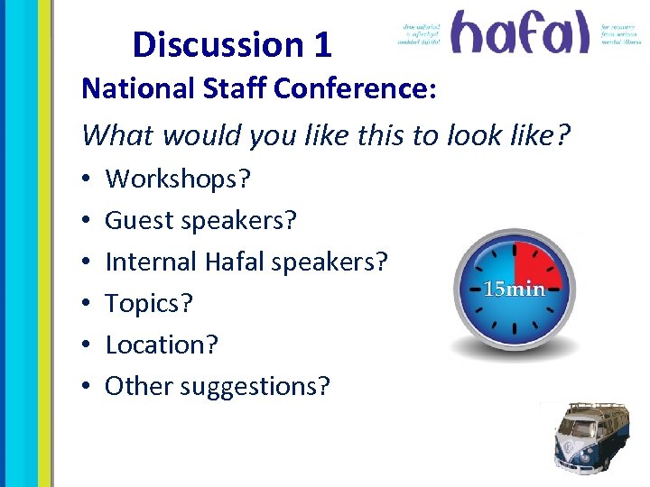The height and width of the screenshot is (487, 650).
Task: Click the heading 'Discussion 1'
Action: (232, 44)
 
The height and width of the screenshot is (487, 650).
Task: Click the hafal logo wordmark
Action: (520, 33)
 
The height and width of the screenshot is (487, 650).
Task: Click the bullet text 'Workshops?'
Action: (179, 179)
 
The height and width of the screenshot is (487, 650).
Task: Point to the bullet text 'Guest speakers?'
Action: (201, 220)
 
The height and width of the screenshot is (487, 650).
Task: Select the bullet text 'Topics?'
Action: (149, 303)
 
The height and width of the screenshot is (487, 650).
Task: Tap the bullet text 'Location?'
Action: (162, 345)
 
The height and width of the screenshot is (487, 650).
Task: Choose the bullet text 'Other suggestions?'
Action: (218, 386)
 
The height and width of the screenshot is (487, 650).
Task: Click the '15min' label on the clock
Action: (515, 289)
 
